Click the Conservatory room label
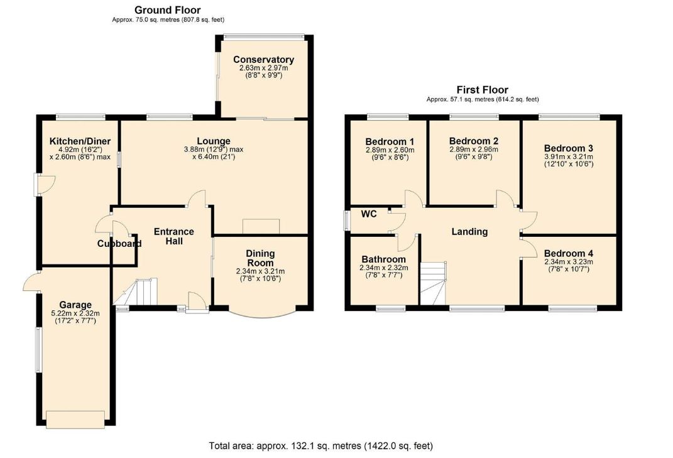coord(263,60)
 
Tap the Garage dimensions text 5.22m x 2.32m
coord(75,314)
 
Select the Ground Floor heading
coord(167,10)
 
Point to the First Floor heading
coord(482,90)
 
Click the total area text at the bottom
coord(321,446)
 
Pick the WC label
coord(369,214)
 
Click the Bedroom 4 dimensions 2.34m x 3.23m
coord(569,262)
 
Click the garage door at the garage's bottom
coord(75,420)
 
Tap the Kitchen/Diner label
coord(80,141)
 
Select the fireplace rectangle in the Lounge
coord(261,227)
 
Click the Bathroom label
coord(384,259)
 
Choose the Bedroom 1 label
coord(390,141)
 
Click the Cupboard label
coord(119,244)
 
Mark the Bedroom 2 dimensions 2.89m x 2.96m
coord(474,150)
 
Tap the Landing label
coord(469,232)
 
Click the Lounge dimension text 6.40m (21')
coord(214,157)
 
